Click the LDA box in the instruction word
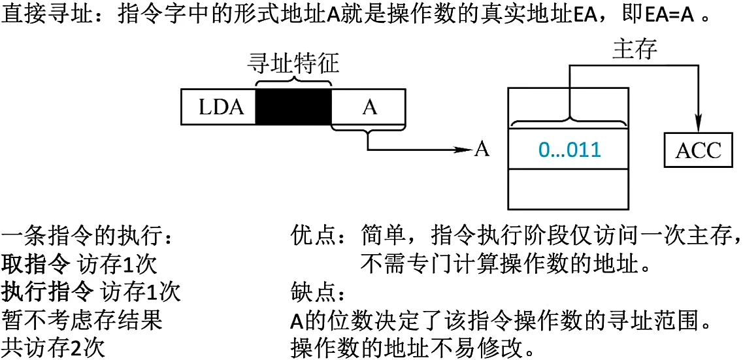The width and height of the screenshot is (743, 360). pyautogui.click(x=221, y=106)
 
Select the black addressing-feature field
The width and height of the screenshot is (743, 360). pyautogui.click(x=293, y=106)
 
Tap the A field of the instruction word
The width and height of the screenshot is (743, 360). pyautogui.click(x=369, y=106)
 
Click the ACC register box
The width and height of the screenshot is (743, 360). pyautogui.click(x=698, y=150)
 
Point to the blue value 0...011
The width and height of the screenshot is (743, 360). pyautogui.click(x=569, y=150)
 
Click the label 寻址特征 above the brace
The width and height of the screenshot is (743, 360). pyautogui.click(x=293, y=65)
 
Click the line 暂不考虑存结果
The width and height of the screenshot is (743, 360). pyautogui.click(x=82, y=319)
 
